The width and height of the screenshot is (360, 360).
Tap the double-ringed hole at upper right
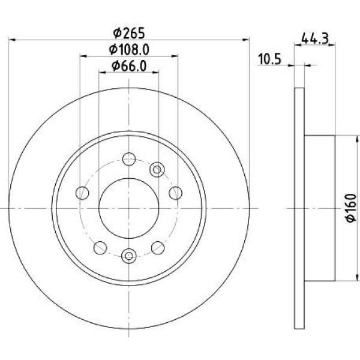click(x=157, y=169)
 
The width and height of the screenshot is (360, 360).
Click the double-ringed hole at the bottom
click(x=128, y=256)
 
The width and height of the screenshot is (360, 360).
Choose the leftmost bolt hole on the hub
click(x=82, y=193)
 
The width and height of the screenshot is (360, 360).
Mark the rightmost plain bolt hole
click(x=176, y=193)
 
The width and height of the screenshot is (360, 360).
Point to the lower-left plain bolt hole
click(x=100, y=246)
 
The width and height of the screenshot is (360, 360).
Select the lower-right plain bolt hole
click(x=158, y=246)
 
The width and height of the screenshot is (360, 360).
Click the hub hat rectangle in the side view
click(x=320, y=208)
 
